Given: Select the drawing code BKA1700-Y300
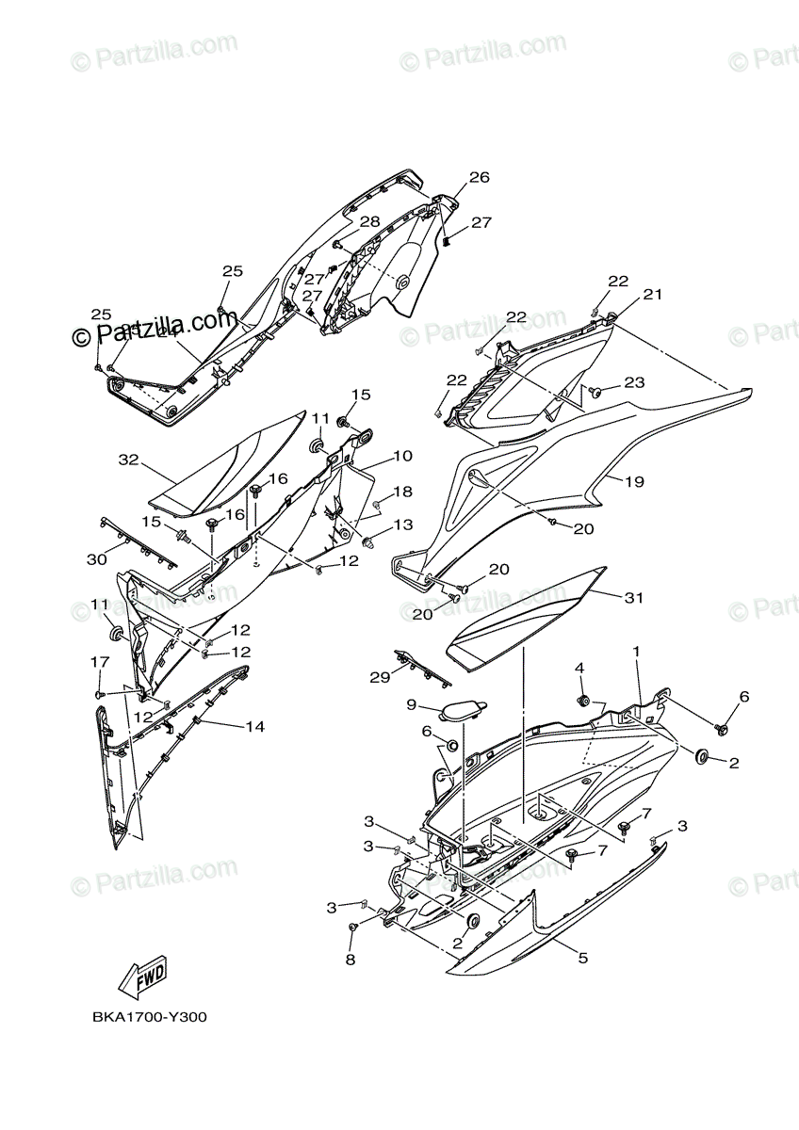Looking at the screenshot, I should [150, 1017].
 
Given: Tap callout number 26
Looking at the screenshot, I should [480, 177].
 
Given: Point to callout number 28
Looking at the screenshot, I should [369, 221].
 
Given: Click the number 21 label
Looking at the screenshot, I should [653, 295].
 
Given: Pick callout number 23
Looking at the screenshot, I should [660, 382].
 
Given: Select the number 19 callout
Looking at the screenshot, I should [634, 481].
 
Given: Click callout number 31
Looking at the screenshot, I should [633, 597].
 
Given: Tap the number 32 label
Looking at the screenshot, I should [128, 460].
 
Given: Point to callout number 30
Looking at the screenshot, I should [95, 558].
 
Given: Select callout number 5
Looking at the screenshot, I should [582, 958].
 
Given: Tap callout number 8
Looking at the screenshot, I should [351, 960].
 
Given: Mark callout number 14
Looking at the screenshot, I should [254, 726].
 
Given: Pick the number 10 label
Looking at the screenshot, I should [402, 456].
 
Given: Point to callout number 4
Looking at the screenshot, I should [580, 668].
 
